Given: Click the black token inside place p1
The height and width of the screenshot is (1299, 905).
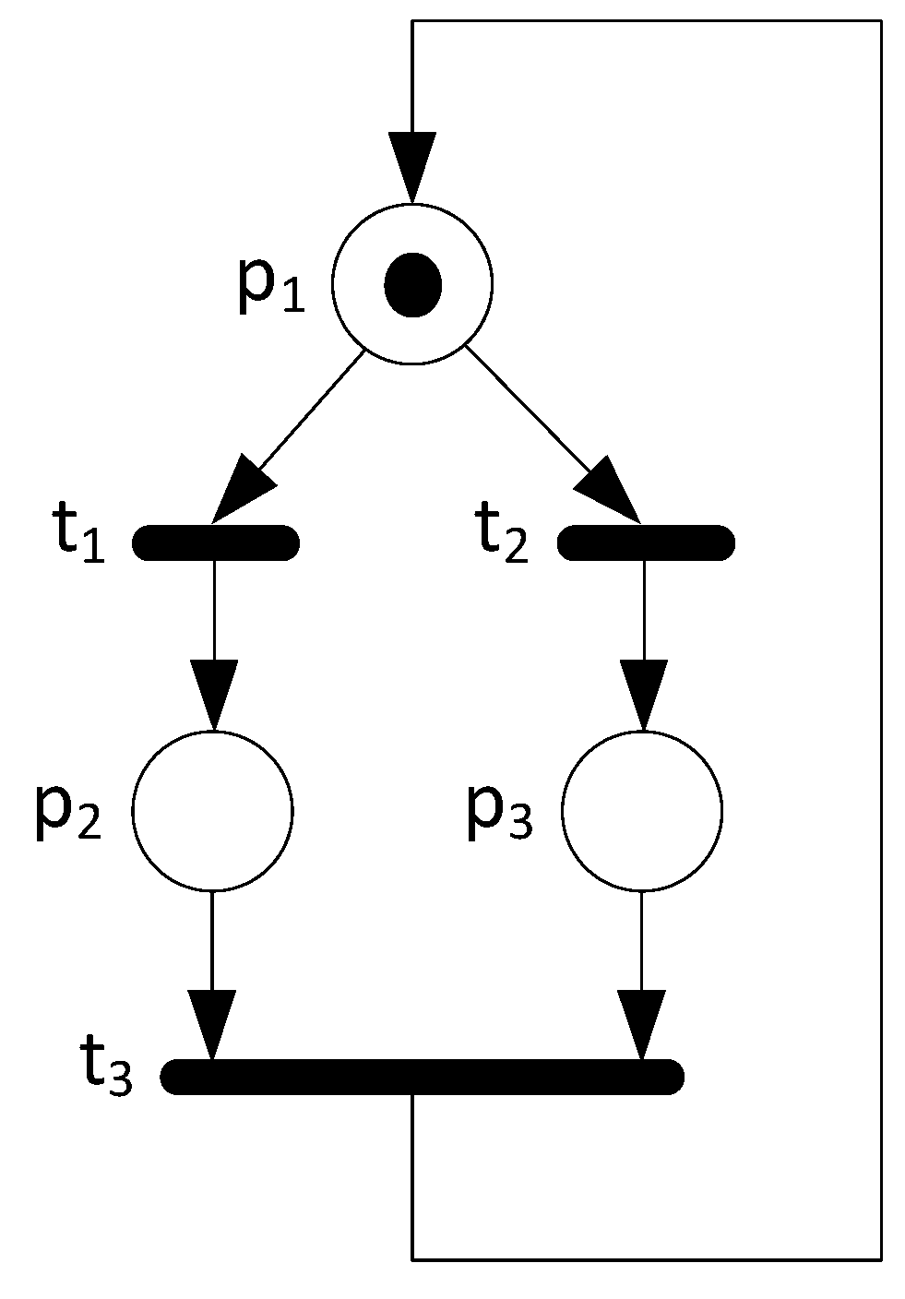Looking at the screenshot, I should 412,284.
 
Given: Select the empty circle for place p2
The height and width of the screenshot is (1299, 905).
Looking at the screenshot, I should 213,810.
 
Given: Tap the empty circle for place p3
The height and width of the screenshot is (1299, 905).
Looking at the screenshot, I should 642,811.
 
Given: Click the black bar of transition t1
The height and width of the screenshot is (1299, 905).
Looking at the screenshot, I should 216,542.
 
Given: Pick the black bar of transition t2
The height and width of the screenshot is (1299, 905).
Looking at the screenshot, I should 646,542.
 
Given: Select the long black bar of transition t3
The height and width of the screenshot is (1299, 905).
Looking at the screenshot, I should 423,1077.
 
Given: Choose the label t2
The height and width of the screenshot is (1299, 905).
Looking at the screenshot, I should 503,538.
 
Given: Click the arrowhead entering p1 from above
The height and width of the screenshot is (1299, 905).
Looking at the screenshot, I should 412,168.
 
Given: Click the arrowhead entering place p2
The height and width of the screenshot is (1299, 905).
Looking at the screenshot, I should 214,695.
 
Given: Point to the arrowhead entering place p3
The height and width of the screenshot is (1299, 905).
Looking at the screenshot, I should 643,695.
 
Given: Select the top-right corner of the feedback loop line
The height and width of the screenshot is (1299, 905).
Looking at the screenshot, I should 881,21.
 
